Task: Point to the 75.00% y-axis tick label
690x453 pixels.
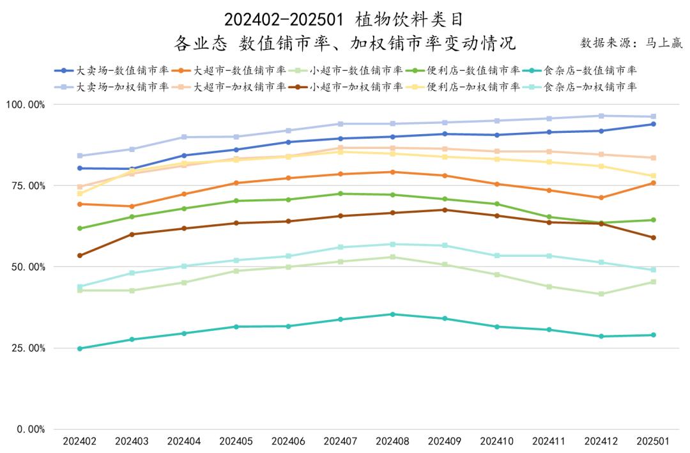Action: (26, 185)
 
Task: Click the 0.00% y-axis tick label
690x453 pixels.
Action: (29, 429)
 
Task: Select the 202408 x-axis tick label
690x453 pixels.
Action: (393, 441)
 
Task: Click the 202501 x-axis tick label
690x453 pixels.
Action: (653, 441)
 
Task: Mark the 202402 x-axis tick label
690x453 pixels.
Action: (80, 441)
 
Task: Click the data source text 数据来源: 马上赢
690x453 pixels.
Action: (631, 43)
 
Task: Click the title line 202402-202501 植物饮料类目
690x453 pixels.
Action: (344, 20)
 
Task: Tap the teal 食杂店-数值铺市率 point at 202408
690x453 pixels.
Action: (393, 314)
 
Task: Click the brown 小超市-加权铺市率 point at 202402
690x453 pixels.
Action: (80, 256)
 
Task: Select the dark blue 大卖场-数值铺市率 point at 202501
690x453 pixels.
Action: (653, 124)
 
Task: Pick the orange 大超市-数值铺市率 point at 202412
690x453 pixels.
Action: (601, 197)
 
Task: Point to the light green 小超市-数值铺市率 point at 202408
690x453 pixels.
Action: (393, 257)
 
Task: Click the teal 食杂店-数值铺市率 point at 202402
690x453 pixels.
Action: (80, 348)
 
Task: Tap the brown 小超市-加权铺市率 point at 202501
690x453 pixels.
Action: (653, 238)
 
